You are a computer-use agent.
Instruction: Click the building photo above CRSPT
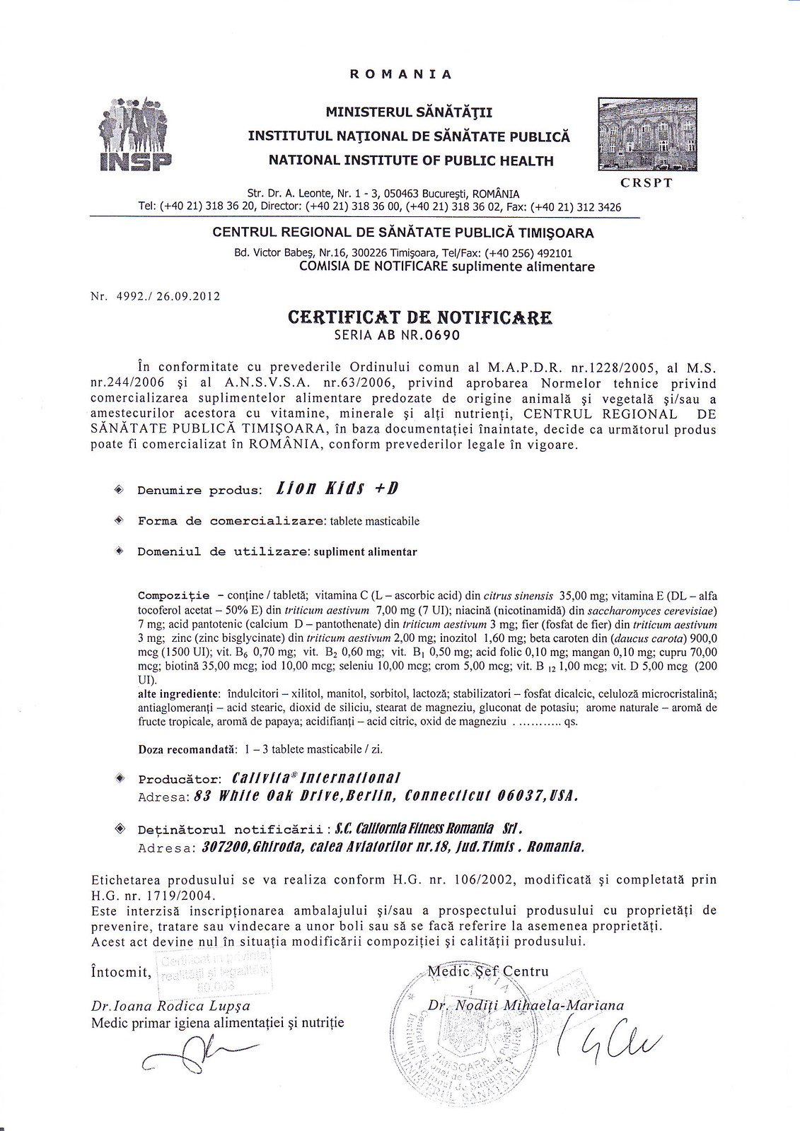pos(647,134)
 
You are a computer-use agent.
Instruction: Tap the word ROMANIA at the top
pos(400,74)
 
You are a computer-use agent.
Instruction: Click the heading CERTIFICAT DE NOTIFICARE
pos(420,317)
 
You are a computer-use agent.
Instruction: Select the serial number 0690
pos(442,335)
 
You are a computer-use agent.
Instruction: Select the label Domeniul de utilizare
pos(223,551)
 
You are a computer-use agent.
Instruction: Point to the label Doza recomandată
pos(186,749)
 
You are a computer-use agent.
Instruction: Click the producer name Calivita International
pos(316,778)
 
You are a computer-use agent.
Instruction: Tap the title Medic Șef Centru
pos(488,971)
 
